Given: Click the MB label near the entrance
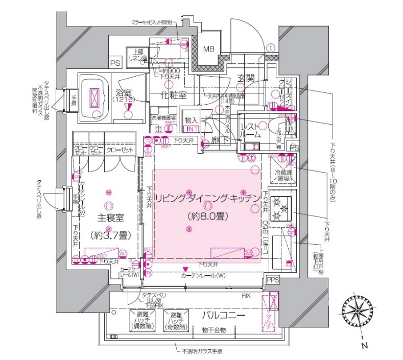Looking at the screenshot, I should pos(209,50).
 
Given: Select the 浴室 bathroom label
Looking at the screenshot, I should pos(124,93).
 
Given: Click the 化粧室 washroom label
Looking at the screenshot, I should pos(174,95).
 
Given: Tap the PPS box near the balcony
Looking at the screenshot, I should pos(273,280).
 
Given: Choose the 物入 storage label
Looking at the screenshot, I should pos(192,120).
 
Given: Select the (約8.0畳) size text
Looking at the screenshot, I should pos(207,216).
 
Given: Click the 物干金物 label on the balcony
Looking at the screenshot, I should pos(213,331).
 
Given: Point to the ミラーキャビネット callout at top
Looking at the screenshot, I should pos(152,22).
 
